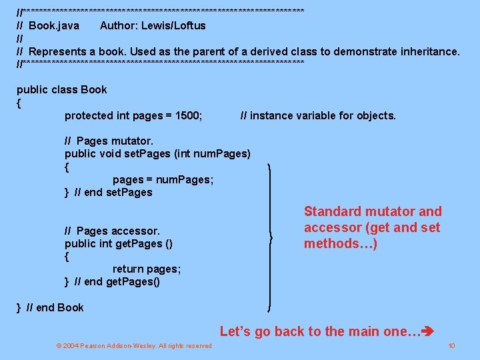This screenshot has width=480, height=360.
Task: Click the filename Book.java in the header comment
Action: pyautogui.click(x=54, y=26)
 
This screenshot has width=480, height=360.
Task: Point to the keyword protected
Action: pyautogui.click(x=89, y=115)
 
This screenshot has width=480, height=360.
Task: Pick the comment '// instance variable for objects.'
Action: pyautogui.click(x=317, y=115)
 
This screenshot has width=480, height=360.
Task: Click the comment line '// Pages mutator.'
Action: pyautogui.click(x=109, y=141)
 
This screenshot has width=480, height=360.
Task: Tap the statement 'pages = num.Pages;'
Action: pyautogui.click(x=163, y=179)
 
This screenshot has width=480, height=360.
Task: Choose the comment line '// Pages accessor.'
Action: pyautogui.click(x=112, y=231)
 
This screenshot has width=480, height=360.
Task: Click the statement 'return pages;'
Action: pyautogui.click(x=147, y=269)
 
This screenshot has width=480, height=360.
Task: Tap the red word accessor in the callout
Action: pyautogui.click(x=333, y=228)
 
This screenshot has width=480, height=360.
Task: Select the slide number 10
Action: pyautogui.click(x=451, y=345)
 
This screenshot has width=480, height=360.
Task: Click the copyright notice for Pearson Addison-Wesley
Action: pyautogui.click(x=134, y=345)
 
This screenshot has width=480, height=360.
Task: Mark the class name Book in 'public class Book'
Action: pyautogui.click(x=94, y=89)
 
